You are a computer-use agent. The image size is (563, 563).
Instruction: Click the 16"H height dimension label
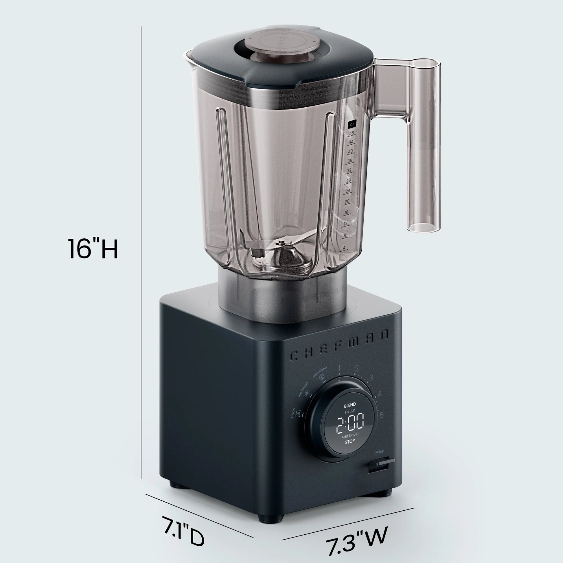(x=93, y=249)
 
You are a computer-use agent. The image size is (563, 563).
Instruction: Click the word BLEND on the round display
(x=350, y=405)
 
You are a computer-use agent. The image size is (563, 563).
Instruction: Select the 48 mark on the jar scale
(x=352, y=133)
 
